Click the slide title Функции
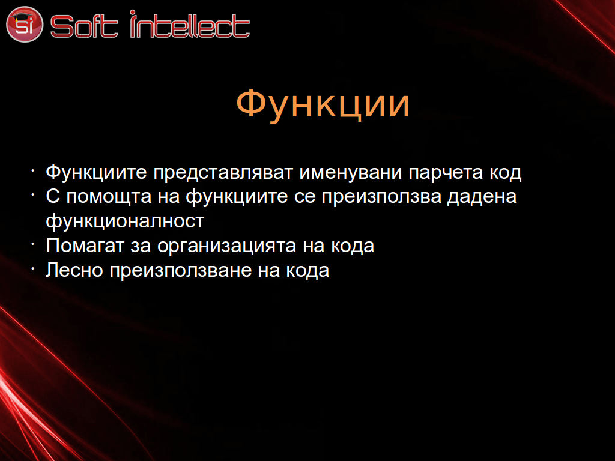[323, 103]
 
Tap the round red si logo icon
[24, 24]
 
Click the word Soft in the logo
[84, 26]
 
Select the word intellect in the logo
[190, 24]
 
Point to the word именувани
[351, 172]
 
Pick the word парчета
[446, 173]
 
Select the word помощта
[109, 197]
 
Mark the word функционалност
[125, 221]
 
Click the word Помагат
[85, 246]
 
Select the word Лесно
[74, 270]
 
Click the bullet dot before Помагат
[34, 244]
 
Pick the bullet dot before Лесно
[34, 268]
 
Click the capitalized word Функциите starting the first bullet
[97, 173]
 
